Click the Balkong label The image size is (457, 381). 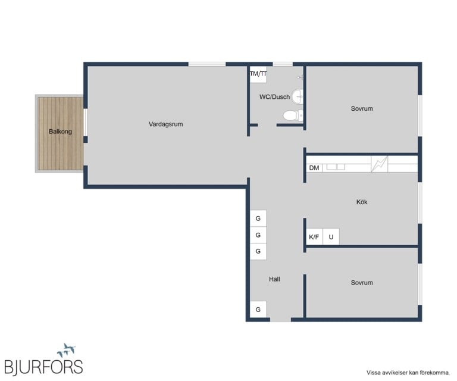[x=60, y=132]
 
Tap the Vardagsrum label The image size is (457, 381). [x=166, y=124]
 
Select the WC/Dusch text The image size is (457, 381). [x=274, y=97]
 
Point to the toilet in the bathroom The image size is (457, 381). [x=293, y=115]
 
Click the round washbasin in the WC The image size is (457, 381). [x=298, y=96]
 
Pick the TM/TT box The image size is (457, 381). [x=258, y=74]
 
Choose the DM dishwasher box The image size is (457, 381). [x=314, y=168]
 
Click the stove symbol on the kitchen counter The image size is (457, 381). [x=380, y=164]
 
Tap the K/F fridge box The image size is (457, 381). [x=314, y=237]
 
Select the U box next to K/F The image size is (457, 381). [x=331, y=237]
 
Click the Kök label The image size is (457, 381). [x=362, y=202]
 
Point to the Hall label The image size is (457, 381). [x=274, y=279]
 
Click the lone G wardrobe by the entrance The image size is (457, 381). [x=258, y=310]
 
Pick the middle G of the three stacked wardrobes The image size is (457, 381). [x=258, y=235]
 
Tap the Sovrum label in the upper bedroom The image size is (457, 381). [x=362, y=108]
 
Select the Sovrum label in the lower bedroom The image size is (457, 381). [x=362, y=282]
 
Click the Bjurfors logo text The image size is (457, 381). [x=43, y=367]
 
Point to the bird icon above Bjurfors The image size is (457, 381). [x=67, y=350]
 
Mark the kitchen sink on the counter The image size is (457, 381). [x=336, y=167]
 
